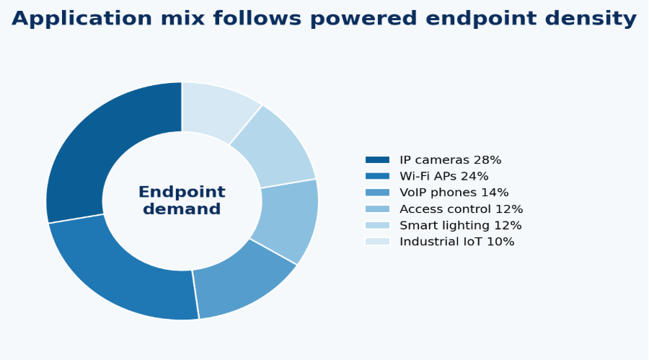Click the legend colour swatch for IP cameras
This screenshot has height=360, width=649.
pos(377,160)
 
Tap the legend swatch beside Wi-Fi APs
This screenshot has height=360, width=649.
pos(377,176)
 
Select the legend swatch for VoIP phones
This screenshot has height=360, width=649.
pos(377,193)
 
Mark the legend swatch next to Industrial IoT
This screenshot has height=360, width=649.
pos(377,242)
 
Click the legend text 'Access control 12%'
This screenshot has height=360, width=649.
pos(461,209)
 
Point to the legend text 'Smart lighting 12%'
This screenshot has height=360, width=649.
pos(460,226)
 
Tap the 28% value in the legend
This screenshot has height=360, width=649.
pos(487,160)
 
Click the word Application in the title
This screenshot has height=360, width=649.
pos(82,19)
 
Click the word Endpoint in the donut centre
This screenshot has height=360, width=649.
pos(182,192)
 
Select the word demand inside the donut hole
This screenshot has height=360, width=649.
pos(182,208)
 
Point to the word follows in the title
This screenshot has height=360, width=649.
pos(257,19)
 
